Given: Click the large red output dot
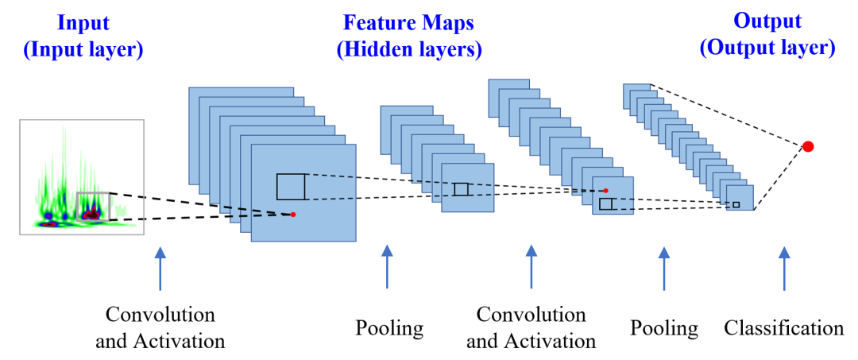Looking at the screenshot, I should [808, 146].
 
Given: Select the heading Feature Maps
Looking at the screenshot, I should [409, 22].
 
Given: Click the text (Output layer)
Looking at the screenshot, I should [767, 48].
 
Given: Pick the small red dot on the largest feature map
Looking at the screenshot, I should [293, 215].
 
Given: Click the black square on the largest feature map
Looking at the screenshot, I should [291, 186].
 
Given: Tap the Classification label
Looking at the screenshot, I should [783, 327].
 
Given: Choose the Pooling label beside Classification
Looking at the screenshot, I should [664, 327].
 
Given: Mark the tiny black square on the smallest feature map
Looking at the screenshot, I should [736, 205].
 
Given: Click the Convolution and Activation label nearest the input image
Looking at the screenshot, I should [160, 327].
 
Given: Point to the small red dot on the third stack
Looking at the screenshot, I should [605, 191].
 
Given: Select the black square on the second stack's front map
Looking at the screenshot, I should [461, 189].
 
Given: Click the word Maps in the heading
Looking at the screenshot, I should [454, 22].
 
